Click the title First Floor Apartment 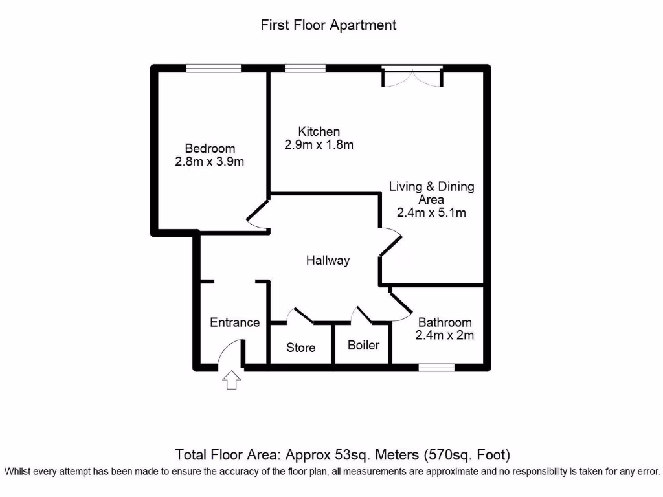point(328,25)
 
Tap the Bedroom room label point(210,148)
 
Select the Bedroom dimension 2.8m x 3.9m point(210,162)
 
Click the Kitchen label point(319,131)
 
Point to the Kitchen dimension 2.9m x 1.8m point(319,145)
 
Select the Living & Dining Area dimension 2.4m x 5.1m point(431,212)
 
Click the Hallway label point(328,260)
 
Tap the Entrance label point(234,322)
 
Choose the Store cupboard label point(301,348)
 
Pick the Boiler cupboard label point(363,345)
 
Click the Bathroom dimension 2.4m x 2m point(445,335)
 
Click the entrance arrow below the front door point(231,380)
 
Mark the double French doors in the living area point(412,76)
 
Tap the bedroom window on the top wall point(214,68)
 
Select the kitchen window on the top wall point(304,68)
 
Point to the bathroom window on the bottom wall point(436,367)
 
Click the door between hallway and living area point(389,243)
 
